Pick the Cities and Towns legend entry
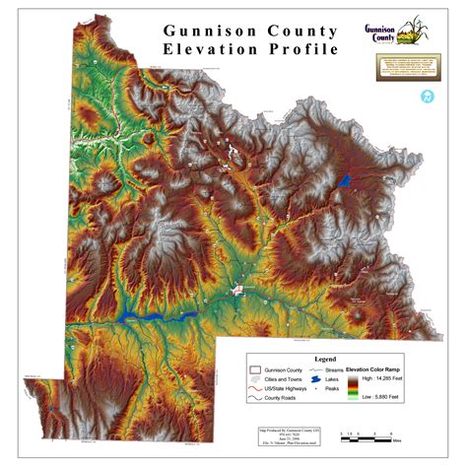281,379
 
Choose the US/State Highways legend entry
281,389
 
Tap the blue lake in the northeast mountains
344,180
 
